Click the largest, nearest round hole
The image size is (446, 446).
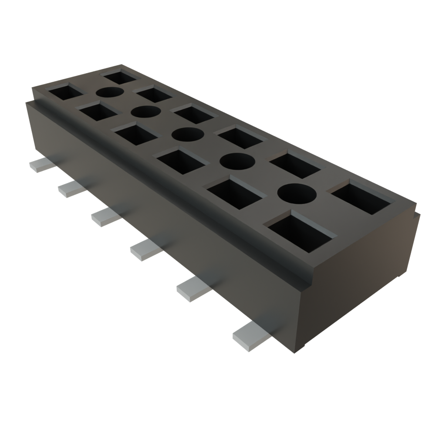tap(296, 193)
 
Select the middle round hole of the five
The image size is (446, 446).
tap(188, 135)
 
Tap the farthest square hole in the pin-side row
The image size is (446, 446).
tap(65, 92)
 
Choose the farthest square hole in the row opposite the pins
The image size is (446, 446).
tap(121, 77)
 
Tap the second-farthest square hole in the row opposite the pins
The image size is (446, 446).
tap(153, 94)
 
